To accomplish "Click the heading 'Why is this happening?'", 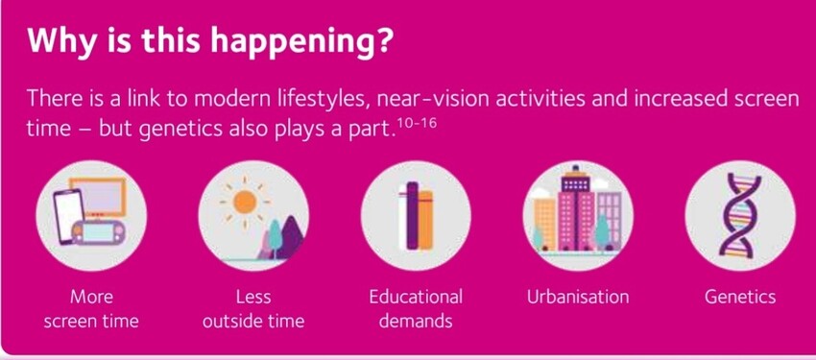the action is (x=208, y=40).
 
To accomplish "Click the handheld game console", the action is (x=98, y=231).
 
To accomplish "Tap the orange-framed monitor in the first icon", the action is (x=99, y=197).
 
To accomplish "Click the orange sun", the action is (x=245, y=202).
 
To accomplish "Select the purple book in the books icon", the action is (x=412, y=215).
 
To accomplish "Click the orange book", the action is (x=425, y=220).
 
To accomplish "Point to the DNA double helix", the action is (x=739, y=215).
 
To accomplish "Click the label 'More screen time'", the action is (x=91, y=309).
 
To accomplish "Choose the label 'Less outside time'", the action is (x=253, y=309).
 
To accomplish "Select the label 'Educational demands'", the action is (x=416, y=309).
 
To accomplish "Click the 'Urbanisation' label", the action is (x=578, y=297).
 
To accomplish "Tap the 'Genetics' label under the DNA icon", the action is (x=740, y=297).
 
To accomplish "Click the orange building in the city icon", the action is (x=545, y=224).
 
